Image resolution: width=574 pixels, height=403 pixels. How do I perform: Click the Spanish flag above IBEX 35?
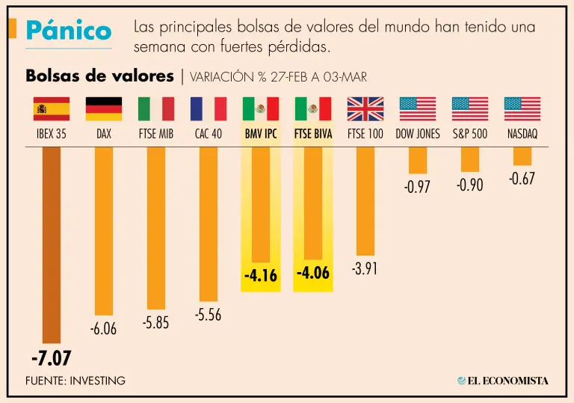tap(52, 109)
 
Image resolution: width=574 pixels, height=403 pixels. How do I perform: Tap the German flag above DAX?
tap(104, 109)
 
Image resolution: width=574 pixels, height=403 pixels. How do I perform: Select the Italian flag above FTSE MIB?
tap(156, 109)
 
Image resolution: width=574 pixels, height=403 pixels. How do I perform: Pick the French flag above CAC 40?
tap(209, 109)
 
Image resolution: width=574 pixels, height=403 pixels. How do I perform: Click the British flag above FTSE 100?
tap(365, 109)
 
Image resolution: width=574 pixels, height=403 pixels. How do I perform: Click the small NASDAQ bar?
tap(522, 156)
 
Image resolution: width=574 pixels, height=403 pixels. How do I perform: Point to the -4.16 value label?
tap(260, 276)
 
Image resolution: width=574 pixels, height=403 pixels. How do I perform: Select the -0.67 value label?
tap(522, 179)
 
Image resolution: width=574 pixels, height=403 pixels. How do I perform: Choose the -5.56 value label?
tap(208, 316)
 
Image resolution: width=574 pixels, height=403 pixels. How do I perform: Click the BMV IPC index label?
tap(261, 135)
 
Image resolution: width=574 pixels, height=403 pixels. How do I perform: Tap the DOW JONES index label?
tap(418, 135)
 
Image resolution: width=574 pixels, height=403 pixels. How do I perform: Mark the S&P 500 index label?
tap(470, 135)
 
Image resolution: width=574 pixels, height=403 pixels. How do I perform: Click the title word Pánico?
tap(68, 31)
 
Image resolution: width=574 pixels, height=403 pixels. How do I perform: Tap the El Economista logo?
tap(502, 381)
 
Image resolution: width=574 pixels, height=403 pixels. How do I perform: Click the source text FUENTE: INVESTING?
tap(75, 381)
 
